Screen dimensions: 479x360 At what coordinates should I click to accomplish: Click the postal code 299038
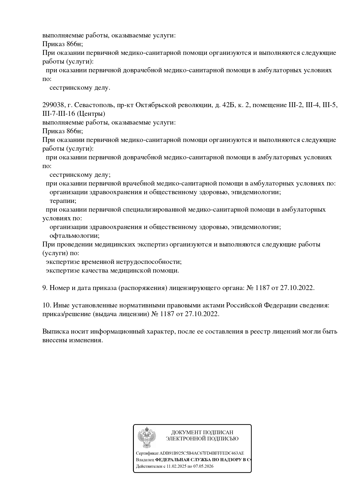pyautogui.click(x=53, y=105)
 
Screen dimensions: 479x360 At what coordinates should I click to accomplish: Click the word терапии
pyautogui.click(x=63, y=201)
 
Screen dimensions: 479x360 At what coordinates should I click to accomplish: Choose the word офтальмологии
pyautogui.click(x=75, y=236)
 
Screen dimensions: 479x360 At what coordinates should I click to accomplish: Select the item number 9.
pyautogui.click(x=45, y=288)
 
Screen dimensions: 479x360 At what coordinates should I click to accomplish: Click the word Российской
pyautogui.click(x=244, y=305)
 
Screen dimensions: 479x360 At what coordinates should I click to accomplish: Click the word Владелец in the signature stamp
pyautogui.click(x=145, y=460)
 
